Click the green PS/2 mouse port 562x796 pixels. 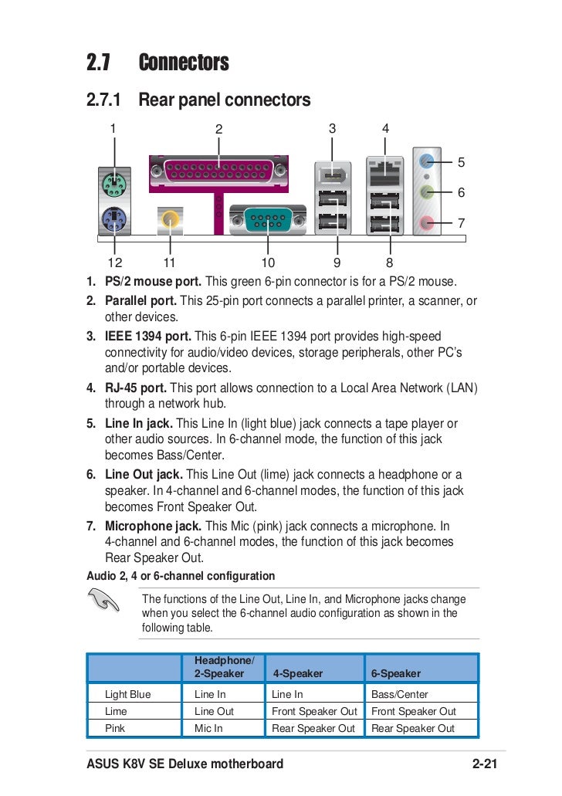[114, 185]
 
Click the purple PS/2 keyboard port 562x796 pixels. [114, 222]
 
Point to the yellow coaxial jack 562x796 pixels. [170, 222]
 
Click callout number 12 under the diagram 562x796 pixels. [115, 263]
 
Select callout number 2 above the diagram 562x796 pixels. [218, 129]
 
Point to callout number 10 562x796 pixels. [268, 263]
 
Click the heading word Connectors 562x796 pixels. [184, 63]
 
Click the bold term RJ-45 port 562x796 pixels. [135, 388]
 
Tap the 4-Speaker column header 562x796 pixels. [297, 673]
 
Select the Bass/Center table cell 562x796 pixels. [400, 694]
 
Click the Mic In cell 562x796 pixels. [208, 728]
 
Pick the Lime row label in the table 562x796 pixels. [116, 711]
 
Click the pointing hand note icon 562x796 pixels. [104, 601]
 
